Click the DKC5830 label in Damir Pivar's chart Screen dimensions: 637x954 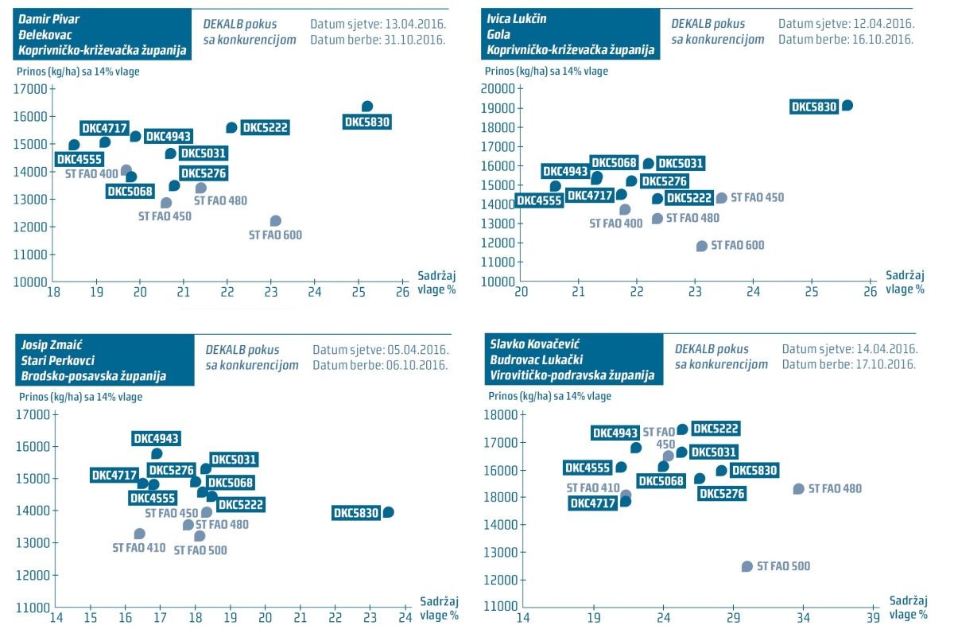coord(366,122)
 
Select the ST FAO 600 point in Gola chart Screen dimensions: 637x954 coord(702,246)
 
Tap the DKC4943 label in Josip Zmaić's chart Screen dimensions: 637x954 coord(157,438)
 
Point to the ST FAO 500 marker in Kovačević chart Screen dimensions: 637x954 coord(747,566)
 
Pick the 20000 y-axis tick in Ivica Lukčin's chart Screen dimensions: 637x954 coord(498,89)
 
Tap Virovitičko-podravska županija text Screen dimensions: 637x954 coord(571,376)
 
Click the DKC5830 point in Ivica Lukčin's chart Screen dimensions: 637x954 coord(847,105)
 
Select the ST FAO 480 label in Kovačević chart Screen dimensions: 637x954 coord(835,489)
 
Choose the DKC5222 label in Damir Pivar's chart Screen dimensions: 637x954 coord(265,127)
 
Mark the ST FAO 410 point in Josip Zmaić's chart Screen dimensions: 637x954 coord(140,534)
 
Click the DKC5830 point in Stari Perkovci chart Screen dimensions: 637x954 coord(388,512)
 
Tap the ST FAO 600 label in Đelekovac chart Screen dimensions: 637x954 coord(275,235)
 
